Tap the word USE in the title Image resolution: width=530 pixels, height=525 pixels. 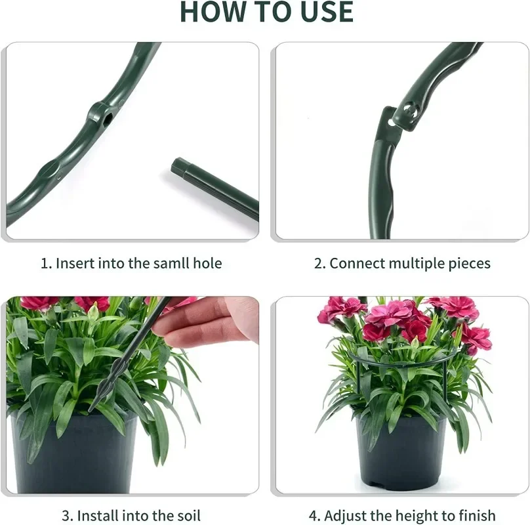click(x=327, y=12)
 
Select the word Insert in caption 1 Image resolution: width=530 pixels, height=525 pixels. click(x=75, y=263)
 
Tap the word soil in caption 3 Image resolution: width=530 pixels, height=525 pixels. click(x=188, y=516)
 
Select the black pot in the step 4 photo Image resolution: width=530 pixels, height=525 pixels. click(x=401, y=450)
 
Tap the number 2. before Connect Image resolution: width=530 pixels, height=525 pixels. click(x=319, y=263)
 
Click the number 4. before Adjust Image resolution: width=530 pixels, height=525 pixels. click(x=314, y=516)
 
